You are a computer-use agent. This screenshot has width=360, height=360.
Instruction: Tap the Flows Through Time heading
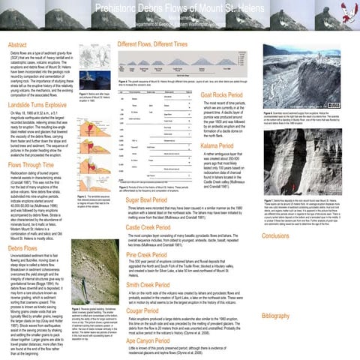coord(32,164)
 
